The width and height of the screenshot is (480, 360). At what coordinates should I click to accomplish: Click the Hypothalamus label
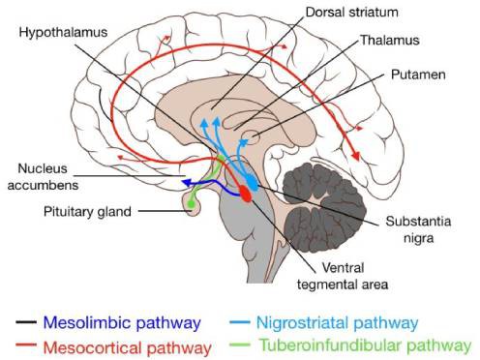coord(63,33)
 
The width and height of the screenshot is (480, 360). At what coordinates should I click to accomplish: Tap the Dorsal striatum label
coord(351,13)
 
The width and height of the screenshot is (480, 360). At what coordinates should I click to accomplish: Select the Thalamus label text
coord(390,41)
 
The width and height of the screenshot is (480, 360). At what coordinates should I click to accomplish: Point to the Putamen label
coord(418,75)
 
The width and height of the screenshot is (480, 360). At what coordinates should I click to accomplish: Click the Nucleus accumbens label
coord(43,177)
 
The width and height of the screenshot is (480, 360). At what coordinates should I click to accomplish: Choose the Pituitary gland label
coord(87,212)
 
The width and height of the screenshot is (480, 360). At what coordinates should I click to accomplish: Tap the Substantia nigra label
coord(418,229)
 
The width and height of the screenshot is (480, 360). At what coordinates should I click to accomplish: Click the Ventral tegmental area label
coord(343,276)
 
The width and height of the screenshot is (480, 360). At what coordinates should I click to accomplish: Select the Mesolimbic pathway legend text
coord(122,323)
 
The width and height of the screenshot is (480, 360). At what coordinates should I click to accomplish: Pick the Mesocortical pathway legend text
coord(128,347)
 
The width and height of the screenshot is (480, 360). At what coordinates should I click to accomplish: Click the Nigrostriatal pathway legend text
coord(337,323)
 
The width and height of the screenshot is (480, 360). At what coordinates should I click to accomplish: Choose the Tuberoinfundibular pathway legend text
coord(366,345)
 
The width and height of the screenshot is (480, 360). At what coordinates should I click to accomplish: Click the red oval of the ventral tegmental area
coord(246,194)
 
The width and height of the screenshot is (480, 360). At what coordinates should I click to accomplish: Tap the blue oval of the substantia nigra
coord(252,183)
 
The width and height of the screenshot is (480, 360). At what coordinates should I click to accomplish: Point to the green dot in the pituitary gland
coord(191,203)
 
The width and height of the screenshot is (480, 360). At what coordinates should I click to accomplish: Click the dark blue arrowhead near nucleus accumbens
coord(186,183)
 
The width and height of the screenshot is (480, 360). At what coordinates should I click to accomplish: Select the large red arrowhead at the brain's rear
coord(356,156)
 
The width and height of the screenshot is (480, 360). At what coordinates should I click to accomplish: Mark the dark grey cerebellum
coord(324,207)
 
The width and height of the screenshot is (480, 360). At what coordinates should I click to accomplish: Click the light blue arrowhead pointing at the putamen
coord(245,141)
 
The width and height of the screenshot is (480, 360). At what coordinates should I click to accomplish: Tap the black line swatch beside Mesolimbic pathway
coord(26,322)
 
